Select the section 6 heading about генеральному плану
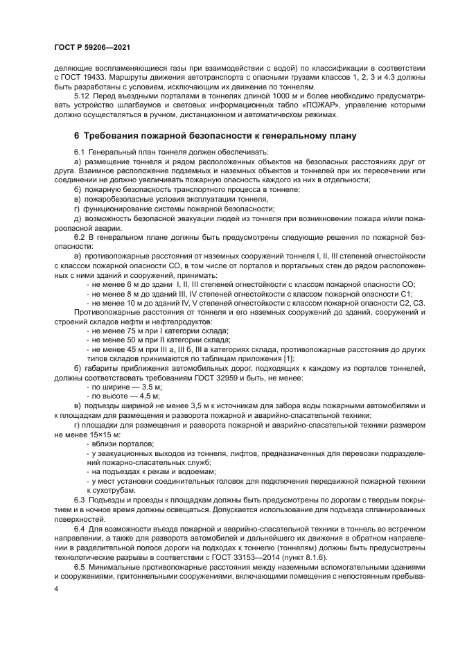pyautogui.click(x=215, y=136)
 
